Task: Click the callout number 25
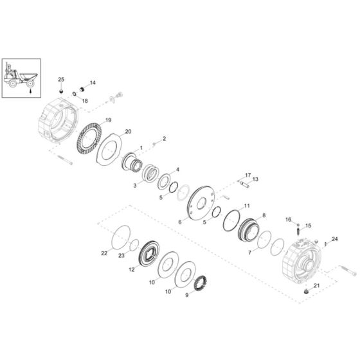click(x=61, y=80)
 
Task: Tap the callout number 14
click(x=93, y=83)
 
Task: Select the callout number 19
click(x=108, y=120)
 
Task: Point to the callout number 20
click(x=128, y=132)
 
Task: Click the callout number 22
click(x=104, y=253)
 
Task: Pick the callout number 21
click(x=316, y=285)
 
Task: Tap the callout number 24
click(x=335, y=239)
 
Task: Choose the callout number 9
click(x=187, y=295)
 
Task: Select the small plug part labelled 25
click(x=61, y=91)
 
